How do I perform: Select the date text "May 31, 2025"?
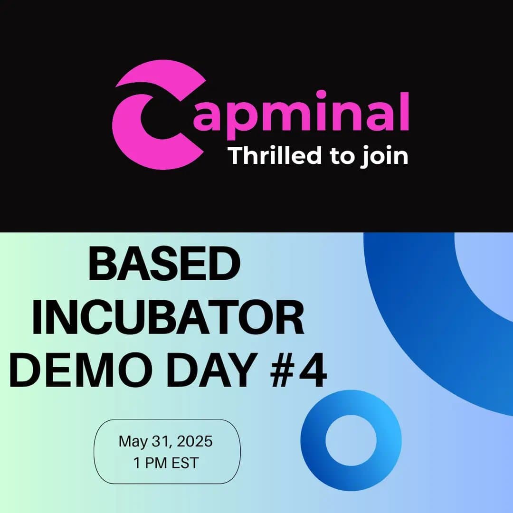[166, 442]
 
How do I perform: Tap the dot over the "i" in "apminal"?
[321, 94]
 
